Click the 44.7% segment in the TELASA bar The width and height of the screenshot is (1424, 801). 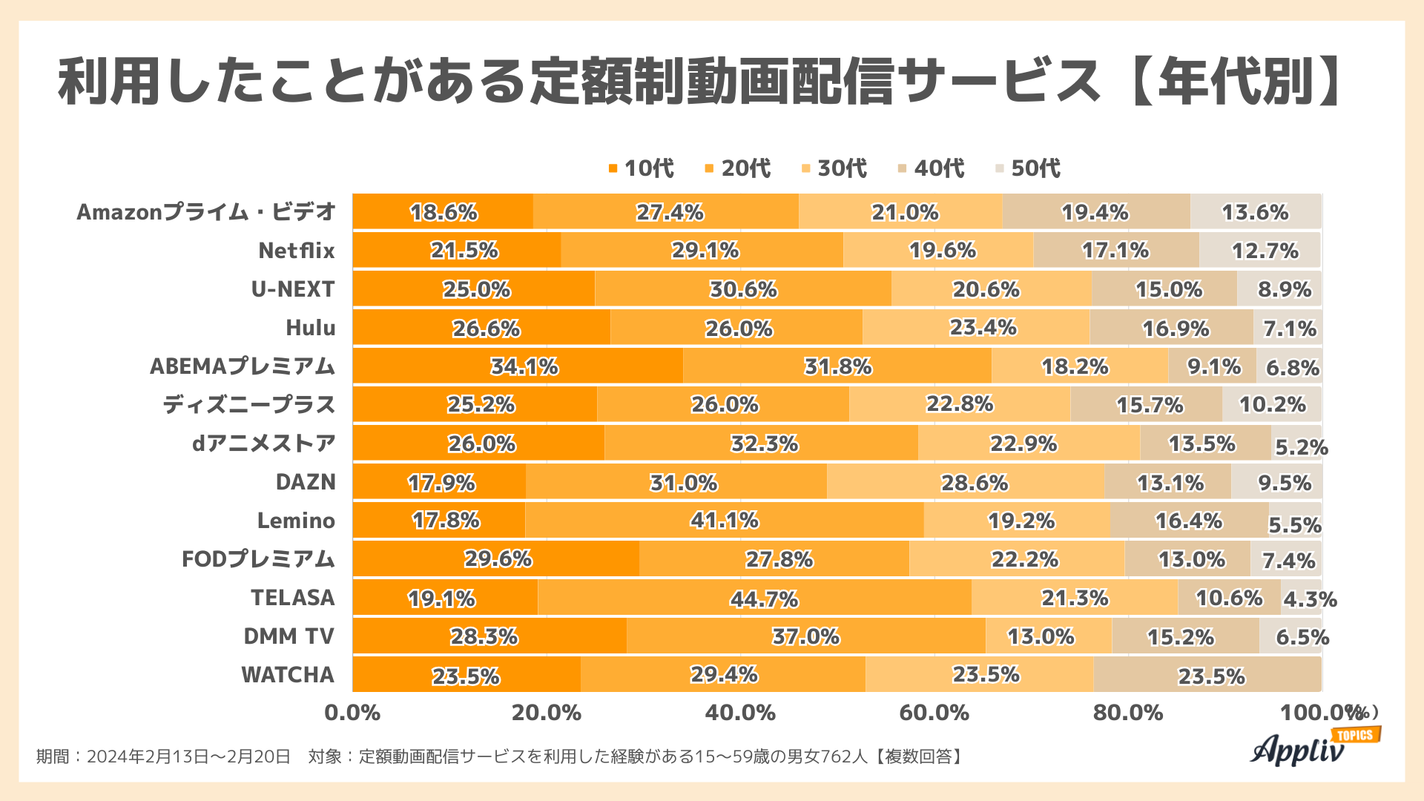(754, 598)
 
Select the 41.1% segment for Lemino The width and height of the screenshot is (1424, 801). (724, 521)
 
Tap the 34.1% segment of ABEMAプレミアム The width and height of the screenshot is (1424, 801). (518, 366)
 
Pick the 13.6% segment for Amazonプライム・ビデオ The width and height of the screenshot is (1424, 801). (1255, 212)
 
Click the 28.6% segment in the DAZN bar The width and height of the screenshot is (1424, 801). (966, 482)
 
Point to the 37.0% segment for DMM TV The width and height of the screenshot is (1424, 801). (805, 636)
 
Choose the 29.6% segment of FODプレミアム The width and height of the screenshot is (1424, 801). (495, 559)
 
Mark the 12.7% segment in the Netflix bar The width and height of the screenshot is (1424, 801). (1259, 251)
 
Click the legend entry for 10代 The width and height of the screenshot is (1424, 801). (641, 168)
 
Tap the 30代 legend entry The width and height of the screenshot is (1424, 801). (834, 168)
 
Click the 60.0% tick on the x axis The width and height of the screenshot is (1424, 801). (934, 713)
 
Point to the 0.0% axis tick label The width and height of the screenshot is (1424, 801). (352, 713)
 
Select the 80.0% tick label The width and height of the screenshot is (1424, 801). (1127, 713)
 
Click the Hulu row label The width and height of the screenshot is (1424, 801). (310, 328)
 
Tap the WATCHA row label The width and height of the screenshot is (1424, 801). (288, 675)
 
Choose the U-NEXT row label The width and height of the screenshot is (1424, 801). (293, 289)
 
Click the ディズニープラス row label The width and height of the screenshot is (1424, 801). (249, 405)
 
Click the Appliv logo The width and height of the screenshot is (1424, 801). (1305, 748)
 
